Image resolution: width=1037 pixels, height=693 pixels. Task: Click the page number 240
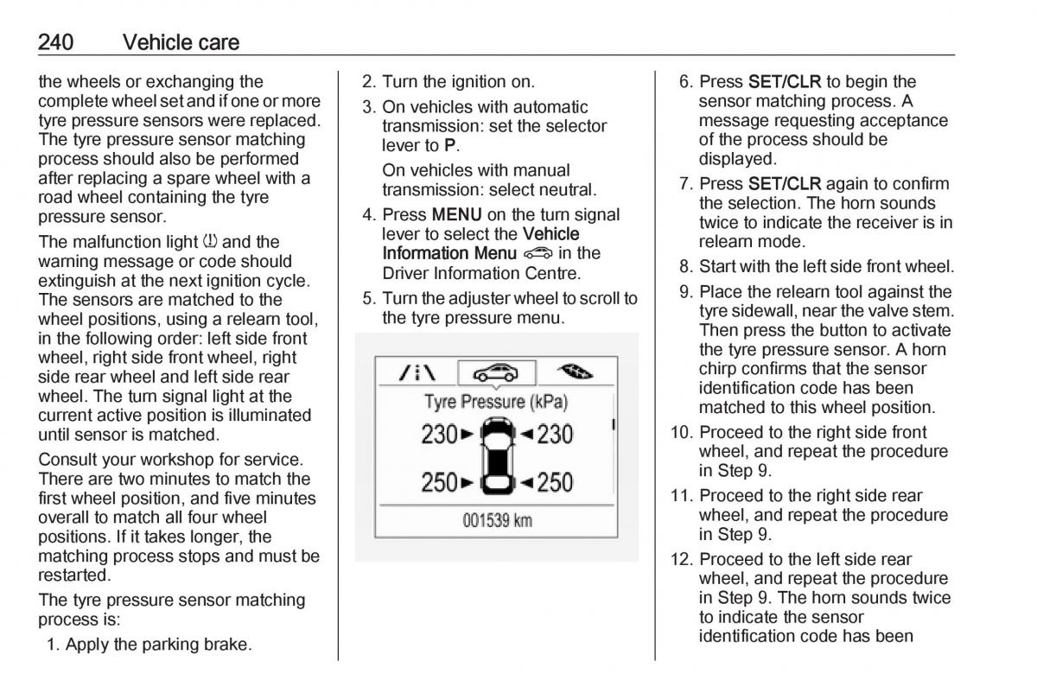55,42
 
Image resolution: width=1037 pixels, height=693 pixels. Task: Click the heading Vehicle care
181,42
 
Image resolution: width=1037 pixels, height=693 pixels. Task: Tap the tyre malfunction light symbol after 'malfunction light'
210,241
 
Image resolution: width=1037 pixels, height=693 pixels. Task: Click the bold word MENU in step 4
456,214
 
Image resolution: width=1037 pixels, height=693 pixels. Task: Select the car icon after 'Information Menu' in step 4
538,253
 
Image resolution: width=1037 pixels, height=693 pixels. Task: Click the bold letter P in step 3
449,145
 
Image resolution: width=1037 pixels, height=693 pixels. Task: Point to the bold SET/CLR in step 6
785,81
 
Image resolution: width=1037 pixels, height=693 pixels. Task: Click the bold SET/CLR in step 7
785,184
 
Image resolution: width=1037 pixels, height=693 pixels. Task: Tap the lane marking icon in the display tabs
417,372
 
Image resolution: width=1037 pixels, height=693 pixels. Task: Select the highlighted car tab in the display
496,372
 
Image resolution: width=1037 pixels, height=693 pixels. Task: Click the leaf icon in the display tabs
576,372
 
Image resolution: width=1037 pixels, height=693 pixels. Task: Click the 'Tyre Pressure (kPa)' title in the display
496,401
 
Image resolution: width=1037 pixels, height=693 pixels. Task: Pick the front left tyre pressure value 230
439,435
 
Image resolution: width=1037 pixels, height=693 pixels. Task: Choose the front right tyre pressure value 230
555,435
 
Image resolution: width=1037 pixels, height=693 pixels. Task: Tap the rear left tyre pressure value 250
439,482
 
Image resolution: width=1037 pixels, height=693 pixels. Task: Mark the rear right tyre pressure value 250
555,482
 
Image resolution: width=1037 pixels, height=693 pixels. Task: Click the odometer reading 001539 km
497,520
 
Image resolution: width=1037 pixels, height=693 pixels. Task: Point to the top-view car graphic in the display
497,456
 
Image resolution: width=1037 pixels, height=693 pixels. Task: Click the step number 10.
682,432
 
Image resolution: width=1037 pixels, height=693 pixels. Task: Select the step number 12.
682,559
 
